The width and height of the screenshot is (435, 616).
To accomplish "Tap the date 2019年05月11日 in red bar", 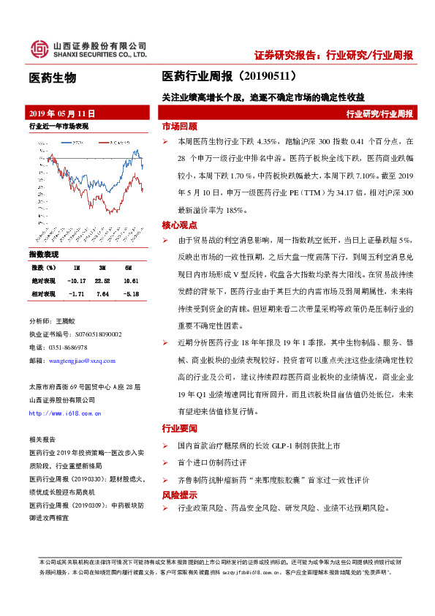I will [x=62, y=114].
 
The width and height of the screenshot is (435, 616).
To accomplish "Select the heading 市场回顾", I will [x=179, y=126].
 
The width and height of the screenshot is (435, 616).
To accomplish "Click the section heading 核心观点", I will [x=179, y=224].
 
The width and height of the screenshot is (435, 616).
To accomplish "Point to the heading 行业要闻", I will [x=179, y=429].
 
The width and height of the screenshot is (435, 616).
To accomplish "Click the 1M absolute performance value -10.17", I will [x=76, y=279].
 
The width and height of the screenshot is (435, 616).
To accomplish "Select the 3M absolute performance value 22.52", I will [x=102, y=279].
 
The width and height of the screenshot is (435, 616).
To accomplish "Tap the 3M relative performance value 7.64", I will [x=102, y=293].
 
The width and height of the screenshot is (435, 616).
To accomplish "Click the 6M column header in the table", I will [x=128, y=267].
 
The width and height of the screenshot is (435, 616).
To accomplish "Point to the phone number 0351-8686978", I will [x=68, y=348].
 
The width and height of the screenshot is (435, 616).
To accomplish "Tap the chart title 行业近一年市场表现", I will [x=58, y=127].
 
